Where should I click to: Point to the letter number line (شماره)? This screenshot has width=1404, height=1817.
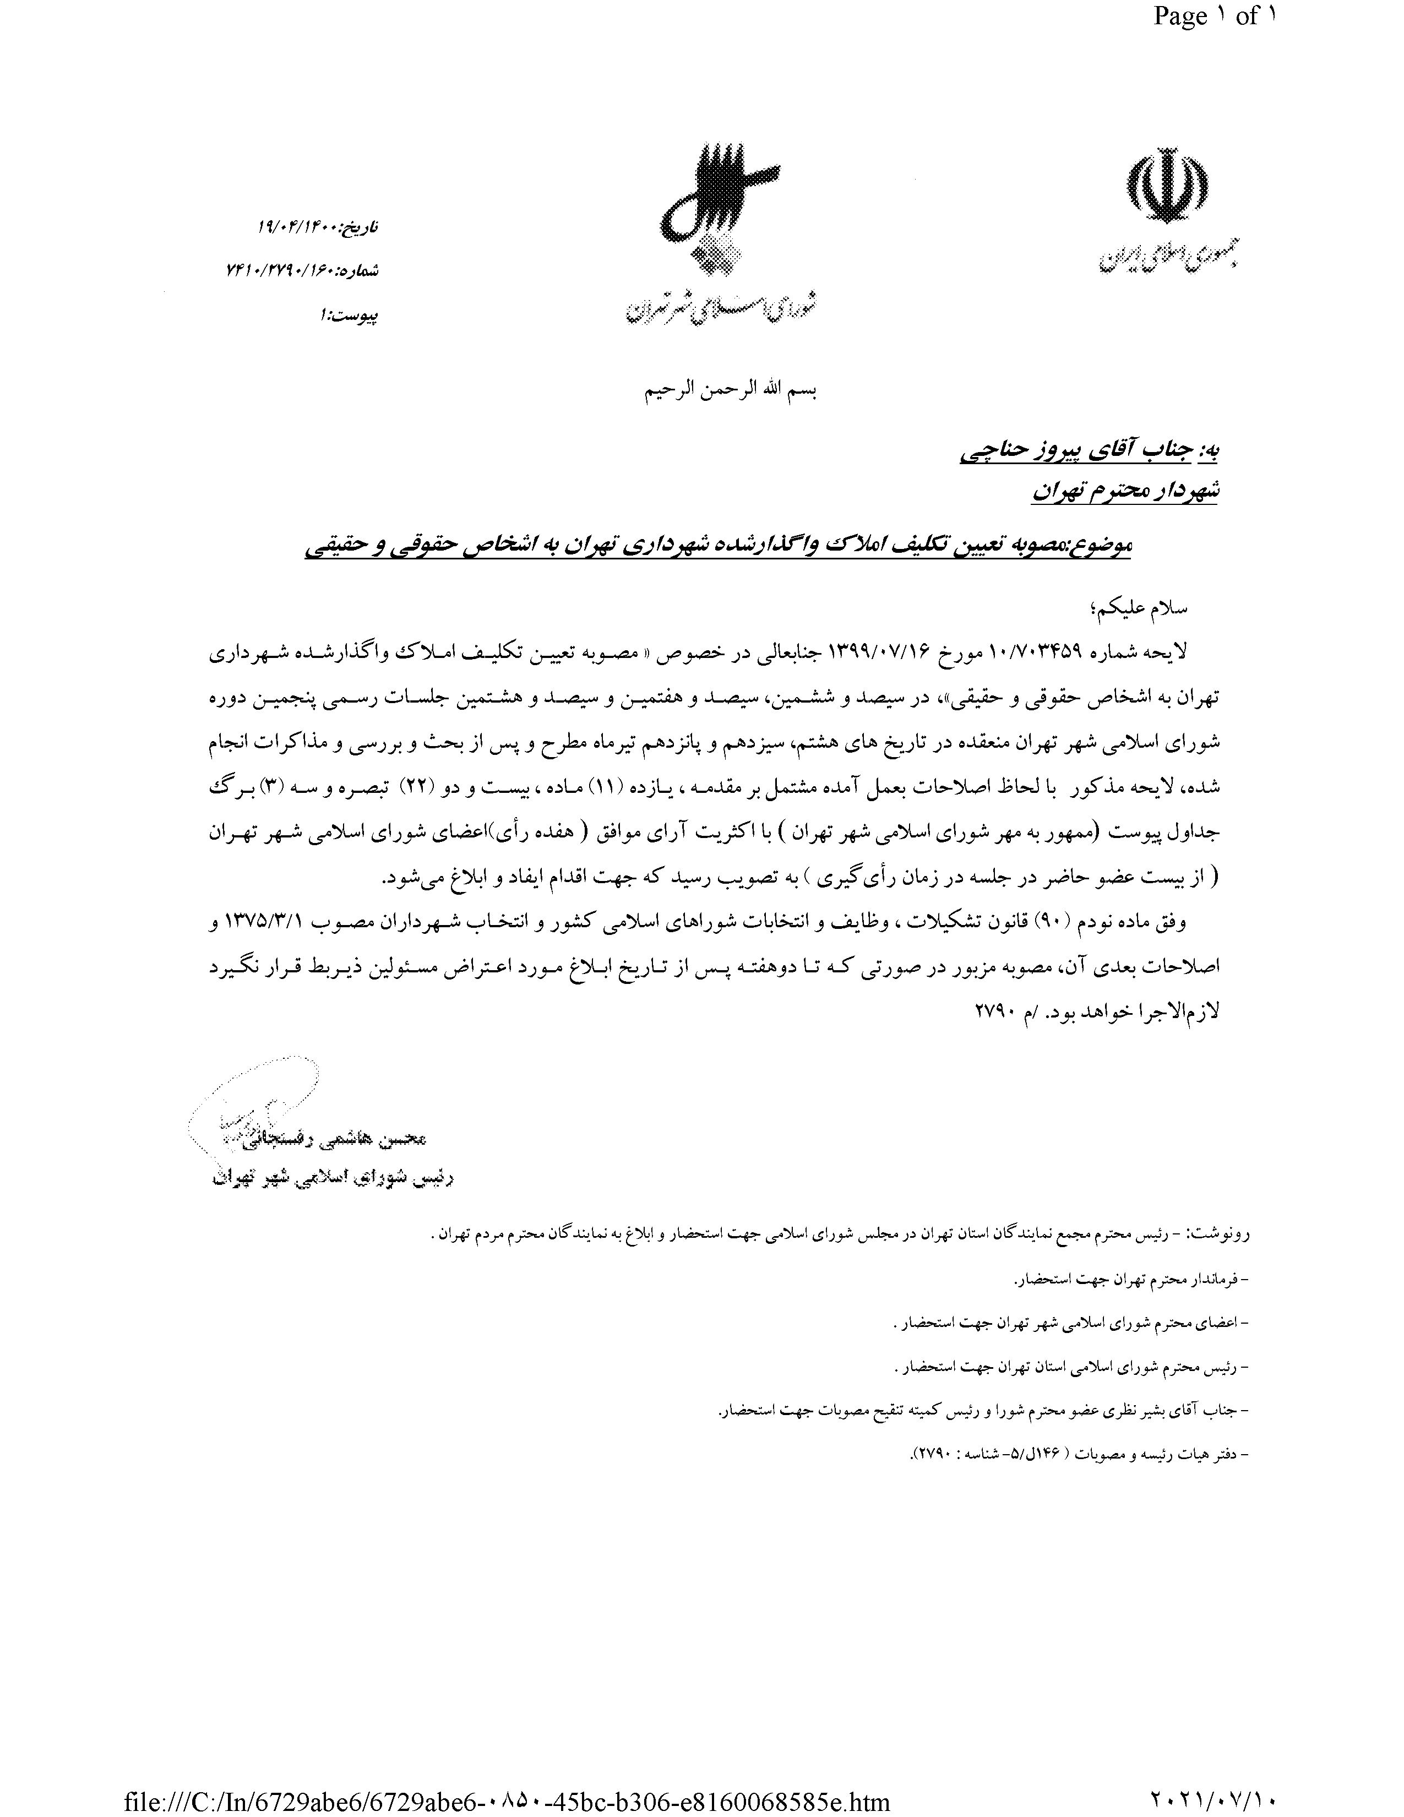click(x=303, y=270)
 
